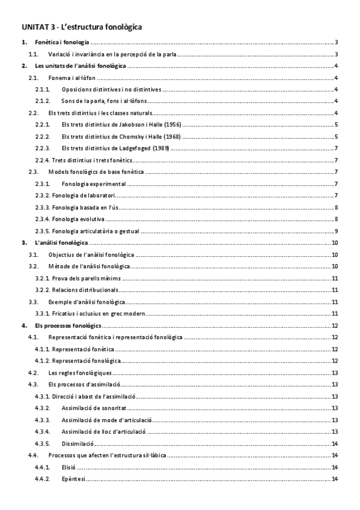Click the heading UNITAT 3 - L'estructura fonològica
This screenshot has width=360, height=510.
(82, 27)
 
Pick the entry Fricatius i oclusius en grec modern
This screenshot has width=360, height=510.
(100, 313)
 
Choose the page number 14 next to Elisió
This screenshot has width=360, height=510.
(335, 467)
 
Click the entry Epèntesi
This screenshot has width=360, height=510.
(73, 479)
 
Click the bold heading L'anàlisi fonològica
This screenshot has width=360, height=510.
(63, 243)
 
